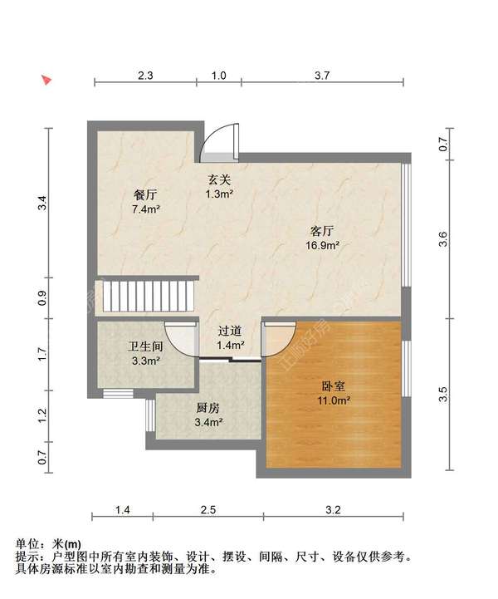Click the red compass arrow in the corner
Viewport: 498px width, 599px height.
(x=47, y=80)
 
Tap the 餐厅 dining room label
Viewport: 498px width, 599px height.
(x=145, y=195)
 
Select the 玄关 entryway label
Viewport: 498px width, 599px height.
(x=219, y=179)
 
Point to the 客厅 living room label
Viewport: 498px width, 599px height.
(x=322, y=231)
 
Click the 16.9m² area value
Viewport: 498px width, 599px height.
(x=323, y=245)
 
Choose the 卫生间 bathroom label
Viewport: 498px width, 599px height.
(x=145, y=346)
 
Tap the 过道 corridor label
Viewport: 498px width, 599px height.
(x=230, y=331)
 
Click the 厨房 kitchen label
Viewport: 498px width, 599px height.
(x=208, y=408)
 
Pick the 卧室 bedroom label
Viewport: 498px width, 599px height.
(x=334, y=386)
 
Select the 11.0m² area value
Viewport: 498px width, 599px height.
(x=334, y=400)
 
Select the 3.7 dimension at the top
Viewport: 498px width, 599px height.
(x=322, y=76)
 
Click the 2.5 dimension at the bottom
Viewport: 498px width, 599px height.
(x=208, y=509)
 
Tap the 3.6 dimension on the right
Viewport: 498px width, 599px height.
(x=442, y=239)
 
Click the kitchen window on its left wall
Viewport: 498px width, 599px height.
(x=150, y=415)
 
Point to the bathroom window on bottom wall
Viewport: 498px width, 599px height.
(x=119, y=394)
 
